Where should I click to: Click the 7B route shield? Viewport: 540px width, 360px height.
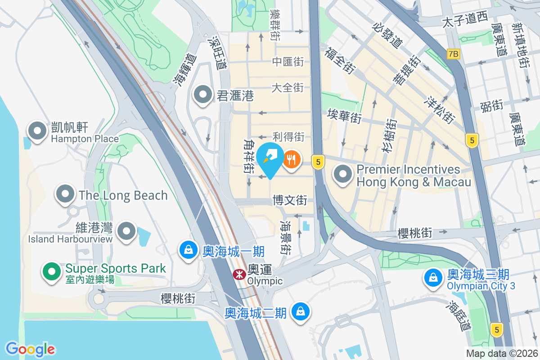click(x=454, y=54)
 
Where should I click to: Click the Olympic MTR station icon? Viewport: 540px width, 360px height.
click(x=239, y=274)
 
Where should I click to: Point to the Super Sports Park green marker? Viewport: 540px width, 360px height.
click(x=52, y=271)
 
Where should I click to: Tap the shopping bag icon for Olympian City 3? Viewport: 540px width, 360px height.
click(x=433, y=277)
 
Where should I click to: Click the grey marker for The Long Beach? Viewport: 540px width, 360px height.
click(x=66, y=194)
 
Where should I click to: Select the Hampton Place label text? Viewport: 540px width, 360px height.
click(x=85, y=139)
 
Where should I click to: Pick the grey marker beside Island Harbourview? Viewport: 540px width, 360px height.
click(x=126, y=231)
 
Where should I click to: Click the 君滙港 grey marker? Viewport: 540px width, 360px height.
click(x=203, y=94)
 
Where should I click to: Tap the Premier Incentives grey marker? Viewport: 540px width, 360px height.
click(x=344, y=174)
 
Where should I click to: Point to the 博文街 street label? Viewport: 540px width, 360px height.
click(x=290, y=200)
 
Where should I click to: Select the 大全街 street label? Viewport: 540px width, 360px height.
click(x=288, y=87)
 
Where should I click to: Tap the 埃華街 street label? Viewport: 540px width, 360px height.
click(x=344, y=115)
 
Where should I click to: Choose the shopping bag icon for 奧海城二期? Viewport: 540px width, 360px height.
click(x=300, y=311)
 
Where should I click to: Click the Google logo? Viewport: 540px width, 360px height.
click(x=30, y=349)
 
